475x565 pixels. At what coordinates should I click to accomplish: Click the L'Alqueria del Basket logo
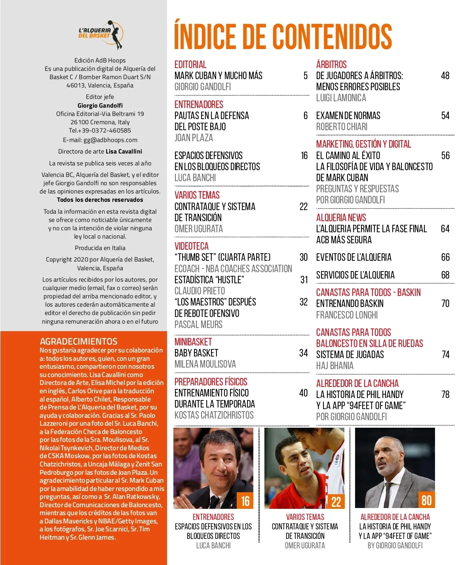pos(100,34)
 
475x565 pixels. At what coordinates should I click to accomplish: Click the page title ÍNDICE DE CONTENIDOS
pos(283,36)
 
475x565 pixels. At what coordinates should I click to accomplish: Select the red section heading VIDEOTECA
pos(192,246)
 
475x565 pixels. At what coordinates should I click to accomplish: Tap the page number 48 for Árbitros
pos(445,76)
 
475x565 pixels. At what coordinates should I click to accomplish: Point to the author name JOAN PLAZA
pos(194,138)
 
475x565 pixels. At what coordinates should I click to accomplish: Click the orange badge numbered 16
pos(245,501)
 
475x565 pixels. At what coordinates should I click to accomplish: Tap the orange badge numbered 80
pos(426,501)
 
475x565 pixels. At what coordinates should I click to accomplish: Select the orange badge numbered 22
pos(336,501)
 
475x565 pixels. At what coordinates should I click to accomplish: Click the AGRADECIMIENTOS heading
pos(79,341)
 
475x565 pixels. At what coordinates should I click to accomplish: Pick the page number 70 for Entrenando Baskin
pos(445,303)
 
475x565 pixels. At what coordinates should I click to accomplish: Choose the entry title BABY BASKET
pos(196,353)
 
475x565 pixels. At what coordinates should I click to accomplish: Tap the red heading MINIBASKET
pos(193,342)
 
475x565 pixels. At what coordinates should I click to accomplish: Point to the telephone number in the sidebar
pos(100,130)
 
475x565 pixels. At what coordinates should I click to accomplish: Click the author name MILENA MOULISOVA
pos(205,364)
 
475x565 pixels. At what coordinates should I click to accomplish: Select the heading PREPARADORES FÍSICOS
pos(211,382)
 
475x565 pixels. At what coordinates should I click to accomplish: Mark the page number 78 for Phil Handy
pos(445,394)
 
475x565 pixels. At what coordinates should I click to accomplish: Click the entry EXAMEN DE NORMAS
pos(348,116)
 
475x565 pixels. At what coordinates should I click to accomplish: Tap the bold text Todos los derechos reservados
pos(100,200)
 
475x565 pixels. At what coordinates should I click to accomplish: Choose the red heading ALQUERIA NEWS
pos(341,218)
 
